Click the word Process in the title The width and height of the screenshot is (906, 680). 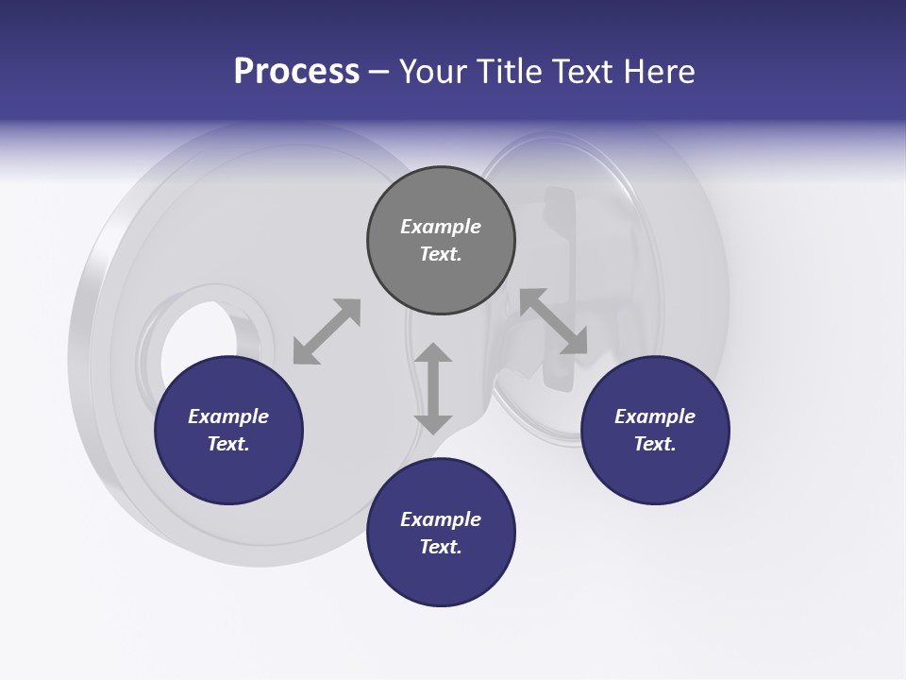[296, 72]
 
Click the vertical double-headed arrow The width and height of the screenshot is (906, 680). [433, 388]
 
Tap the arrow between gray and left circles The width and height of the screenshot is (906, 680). [327, 331]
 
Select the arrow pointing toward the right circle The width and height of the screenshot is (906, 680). [553, 322]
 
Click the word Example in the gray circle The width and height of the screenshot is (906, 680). [441, 227]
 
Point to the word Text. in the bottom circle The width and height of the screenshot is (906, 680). [441, 547]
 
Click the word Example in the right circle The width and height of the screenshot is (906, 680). [655, 416]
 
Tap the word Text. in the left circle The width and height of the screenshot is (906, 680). [228, 444]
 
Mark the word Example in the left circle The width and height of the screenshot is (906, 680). [228, 416]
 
